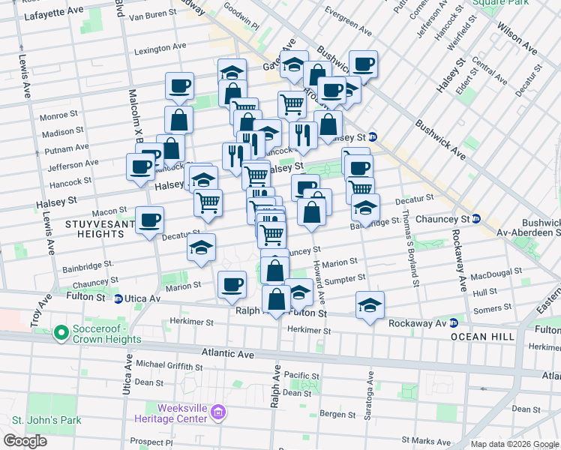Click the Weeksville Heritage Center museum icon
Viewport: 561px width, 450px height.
pos(218,412)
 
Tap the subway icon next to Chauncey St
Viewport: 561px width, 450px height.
pos(475,219)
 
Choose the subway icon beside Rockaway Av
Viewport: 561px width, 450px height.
pos(454,323)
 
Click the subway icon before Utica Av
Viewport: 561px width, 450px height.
pos(118,298)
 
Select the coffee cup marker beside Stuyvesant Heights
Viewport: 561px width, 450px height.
pos(150,220)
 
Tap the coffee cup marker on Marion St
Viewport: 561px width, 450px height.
pos(232,284)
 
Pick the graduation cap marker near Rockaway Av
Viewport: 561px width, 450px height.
pos(370,304)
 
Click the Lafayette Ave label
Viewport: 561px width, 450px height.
pos(54,15)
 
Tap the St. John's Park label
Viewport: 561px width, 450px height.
pos(46,420)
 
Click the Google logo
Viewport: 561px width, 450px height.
pos(25,441)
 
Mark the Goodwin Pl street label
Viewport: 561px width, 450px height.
pos(240,19)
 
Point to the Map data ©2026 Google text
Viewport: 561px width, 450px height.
pos(514,444)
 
